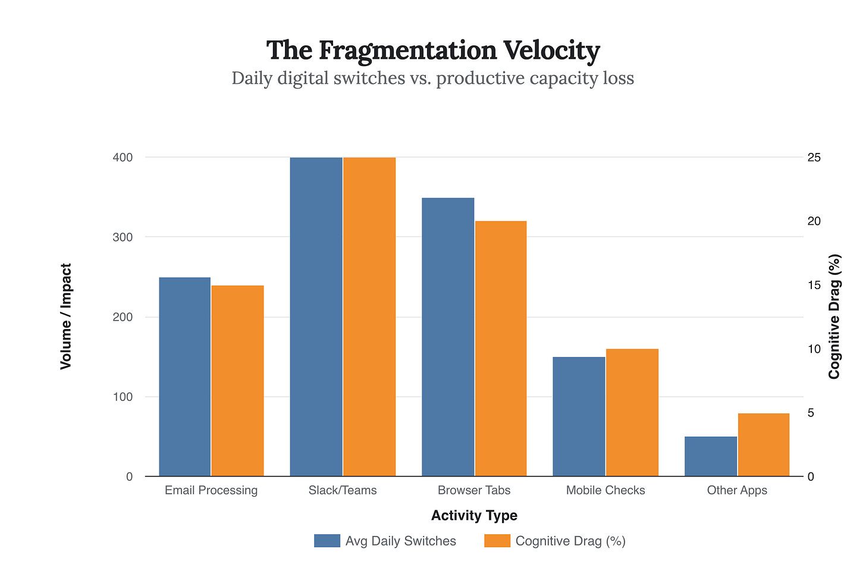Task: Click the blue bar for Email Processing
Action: click(x=185, y=377)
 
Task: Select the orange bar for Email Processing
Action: click(x=237, y=381)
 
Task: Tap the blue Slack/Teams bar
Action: click(x=316, y=316)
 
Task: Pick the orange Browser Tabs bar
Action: click(x=501, y=349)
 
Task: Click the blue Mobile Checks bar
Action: click(x=579, y=416)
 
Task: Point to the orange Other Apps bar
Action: click(x=764, y=444)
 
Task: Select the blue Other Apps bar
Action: click(x=711, y=456)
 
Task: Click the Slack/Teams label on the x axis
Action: click(x=343, y=491)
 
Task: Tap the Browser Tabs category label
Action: click(x=474, y=491)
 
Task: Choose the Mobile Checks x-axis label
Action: click(x=605, y=491)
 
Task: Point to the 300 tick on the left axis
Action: click(x=121, y=237)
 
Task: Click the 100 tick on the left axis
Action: click(x=121, y=397)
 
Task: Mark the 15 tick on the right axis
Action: click(x=814, y=285)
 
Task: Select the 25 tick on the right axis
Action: click(x=814, y=158)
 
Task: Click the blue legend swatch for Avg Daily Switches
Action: click(x=327, y=541)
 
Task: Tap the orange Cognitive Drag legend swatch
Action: click(x=497, y=541)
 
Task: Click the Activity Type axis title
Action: click(x=474, y=515)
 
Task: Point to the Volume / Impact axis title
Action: click(x=66, y=316)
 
